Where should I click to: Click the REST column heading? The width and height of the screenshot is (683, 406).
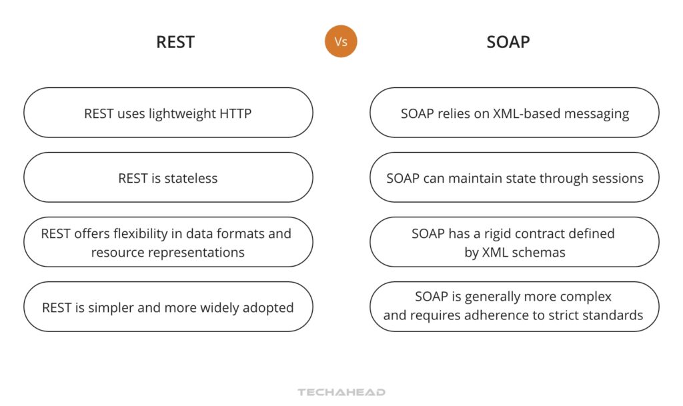pos(175,42)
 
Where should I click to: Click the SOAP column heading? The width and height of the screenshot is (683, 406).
pos(508,42)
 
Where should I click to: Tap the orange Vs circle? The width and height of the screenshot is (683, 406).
pos(341,41)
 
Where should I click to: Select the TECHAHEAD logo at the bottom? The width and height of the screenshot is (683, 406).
pos(341,392)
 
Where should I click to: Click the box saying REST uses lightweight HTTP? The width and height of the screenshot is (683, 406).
pos(168,113)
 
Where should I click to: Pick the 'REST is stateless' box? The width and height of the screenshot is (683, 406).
pos(168,177)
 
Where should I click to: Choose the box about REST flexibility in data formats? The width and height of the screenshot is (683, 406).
pos(168,242)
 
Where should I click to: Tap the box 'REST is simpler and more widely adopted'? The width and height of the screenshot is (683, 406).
pos(168,307)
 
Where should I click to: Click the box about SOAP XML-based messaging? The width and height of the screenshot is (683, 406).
pos(514,113)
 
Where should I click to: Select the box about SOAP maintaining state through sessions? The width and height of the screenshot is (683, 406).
pos(514,177)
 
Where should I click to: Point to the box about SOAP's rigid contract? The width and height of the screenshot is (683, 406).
pos(514,242)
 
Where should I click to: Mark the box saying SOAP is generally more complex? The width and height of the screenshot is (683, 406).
pos(514,307)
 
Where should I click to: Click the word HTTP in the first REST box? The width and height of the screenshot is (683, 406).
pos(235,113)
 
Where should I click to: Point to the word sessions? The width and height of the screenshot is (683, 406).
pos(620,178)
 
